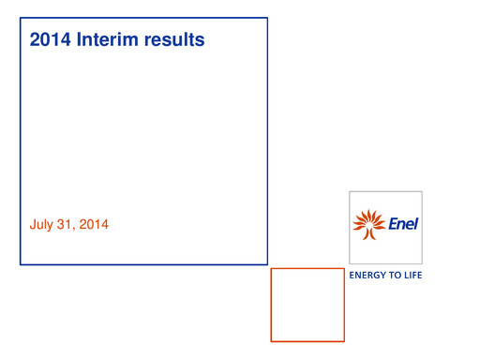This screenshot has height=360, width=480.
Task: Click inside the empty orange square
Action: click(x=307, y=305)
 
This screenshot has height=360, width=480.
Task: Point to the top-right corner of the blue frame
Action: click(x=267, y=18)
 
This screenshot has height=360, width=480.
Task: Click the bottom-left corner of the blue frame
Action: click(x=21, y=264)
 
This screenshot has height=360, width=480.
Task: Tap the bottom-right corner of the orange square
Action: click(x=344, y=341)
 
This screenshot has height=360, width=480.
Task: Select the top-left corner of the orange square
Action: click(x=272, y=269)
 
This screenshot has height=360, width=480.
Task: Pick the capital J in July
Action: click(x=34, y=225)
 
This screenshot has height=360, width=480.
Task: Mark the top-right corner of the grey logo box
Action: click(x=422, y=192)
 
